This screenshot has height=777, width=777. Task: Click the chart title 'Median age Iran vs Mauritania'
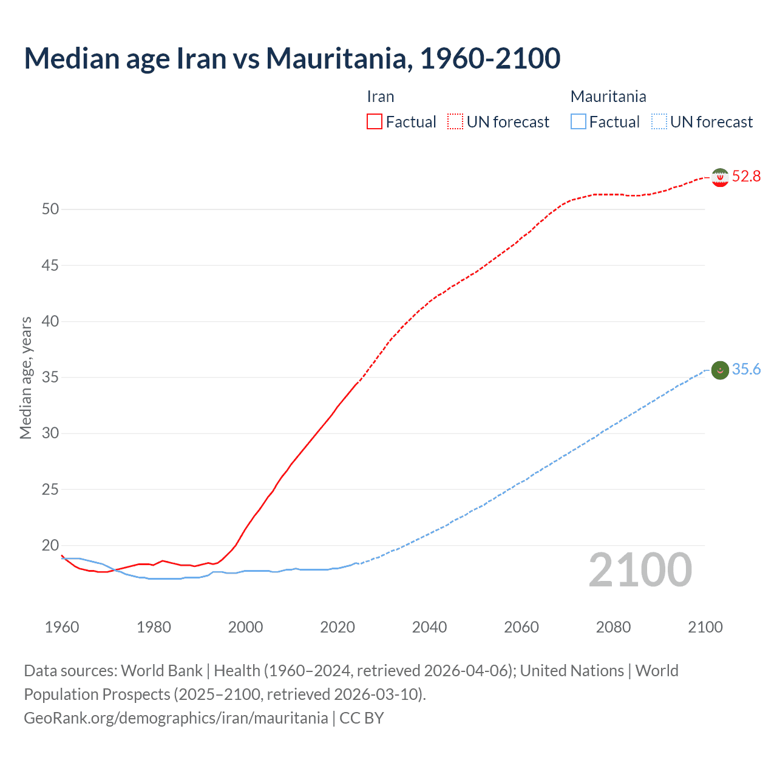click(x=291, y=58)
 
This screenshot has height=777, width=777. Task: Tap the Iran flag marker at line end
click(x=720, y=177)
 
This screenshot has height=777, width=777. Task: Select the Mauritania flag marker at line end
click(x=720, y=370)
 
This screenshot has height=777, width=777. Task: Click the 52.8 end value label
click(x=746, y=177)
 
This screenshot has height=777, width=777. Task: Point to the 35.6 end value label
click(x=746, y=370)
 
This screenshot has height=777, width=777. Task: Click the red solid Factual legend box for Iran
click(x=375, y=122)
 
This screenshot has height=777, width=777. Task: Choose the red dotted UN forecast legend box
click(x=455, y=122)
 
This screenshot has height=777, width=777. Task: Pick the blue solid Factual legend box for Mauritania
click(x=579, y=122)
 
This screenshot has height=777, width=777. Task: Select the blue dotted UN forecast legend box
click(x=659, y=122)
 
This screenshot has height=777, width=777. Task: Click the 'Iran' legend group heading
click(x=381, y=97)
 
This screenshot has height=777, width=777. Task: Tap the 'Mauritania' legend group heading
click(x=608, y=97)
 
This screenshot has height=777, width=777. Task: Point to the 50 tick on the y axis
click(x=50, y=209)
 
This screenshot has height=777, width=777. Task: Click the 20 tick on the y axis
click(x=50, y=546)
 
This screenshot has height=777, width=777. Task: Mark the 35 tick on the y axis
click(x=50, y=378)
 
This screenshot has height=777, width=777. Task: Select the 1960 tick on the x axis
click(x=62, y=627)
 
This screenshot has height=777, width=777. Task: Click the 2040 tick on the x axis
click(x=429, y=627)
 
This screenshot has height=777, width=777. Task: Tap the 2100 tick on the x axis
click(x=705, y=627)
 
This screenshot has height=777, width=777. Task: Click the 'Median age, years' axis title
click(x=25, y=378)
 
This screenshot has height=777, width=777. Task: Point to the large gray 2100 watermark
click(x=640, y=570)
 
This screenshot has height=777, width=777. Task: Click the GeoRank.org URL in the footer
click(x=176, y=718)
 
